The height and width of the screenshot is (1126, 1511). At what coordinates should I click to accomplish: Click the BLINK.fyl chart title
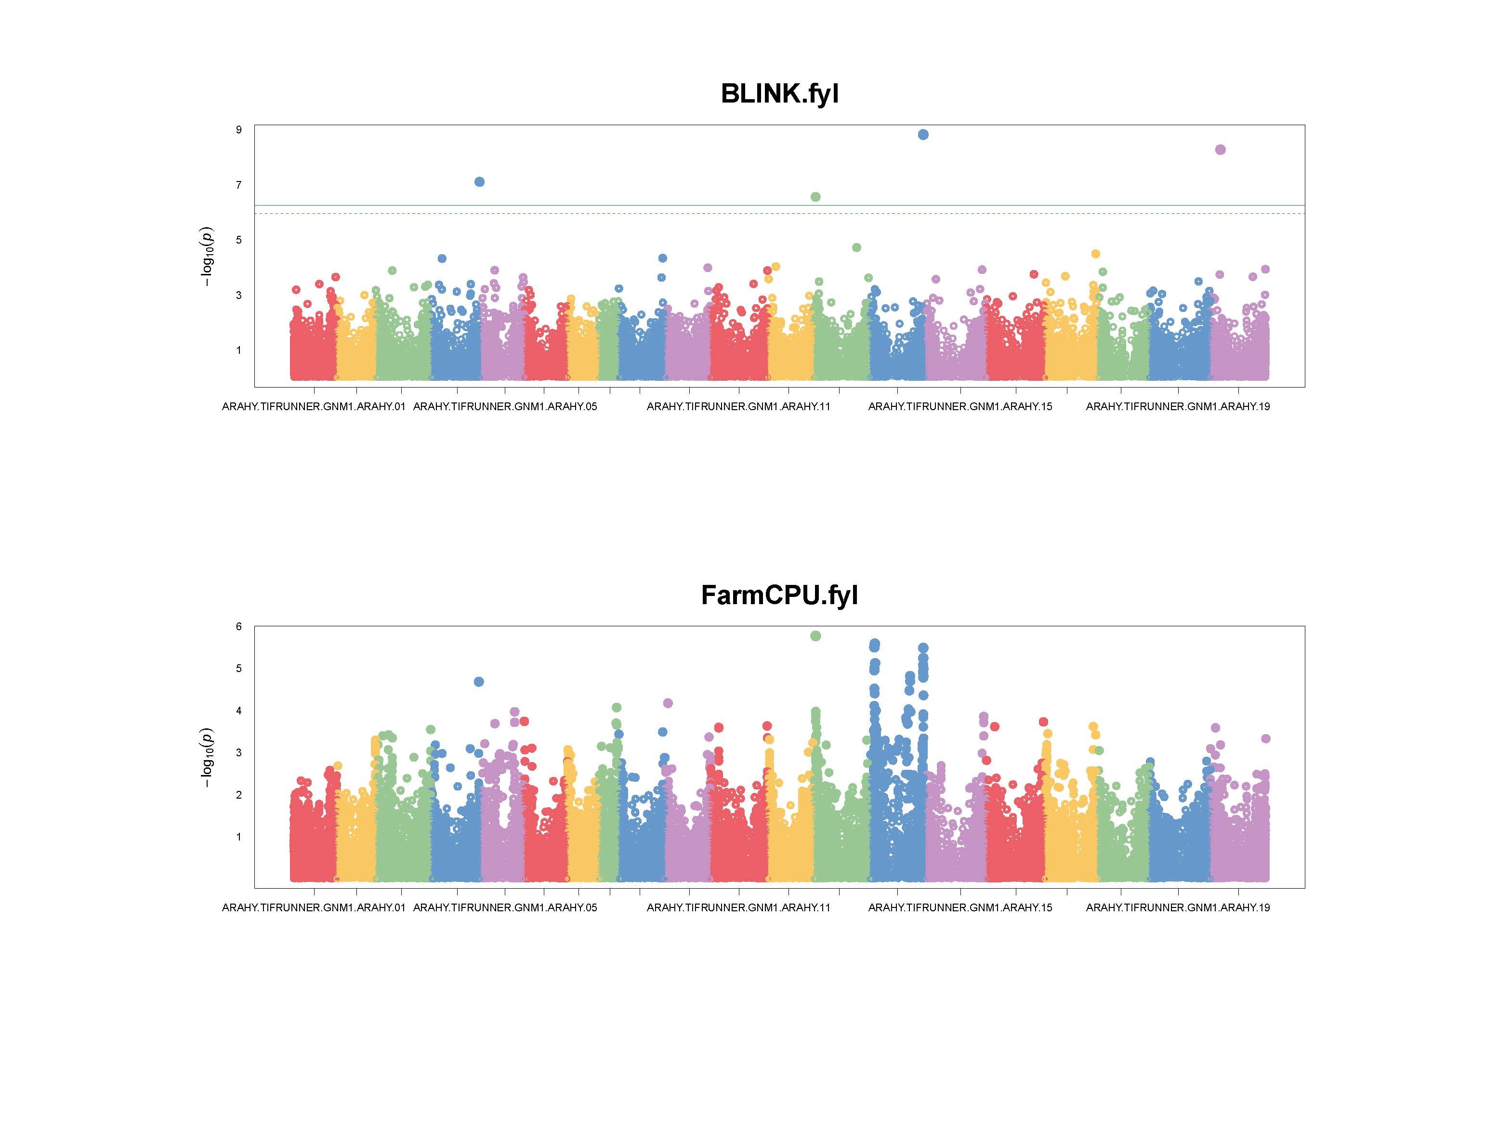pos(779,94)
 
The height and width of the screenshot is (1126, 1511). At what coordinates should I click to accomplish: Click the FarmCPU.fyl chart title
pos(779,595)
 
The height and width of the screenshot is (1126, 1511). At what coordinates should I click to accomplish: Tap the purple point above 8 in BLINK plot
pos(1221,150)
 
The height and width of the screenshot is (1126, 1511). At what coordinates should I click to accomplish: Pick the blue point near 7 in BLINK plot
pos(479,182)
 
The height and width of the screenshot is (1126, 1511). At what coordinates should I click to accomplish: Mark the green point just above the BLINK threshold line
pos(815,197)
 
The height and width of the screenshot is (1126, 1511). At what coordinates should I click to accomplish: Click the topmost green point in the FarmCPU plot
pos(815,636)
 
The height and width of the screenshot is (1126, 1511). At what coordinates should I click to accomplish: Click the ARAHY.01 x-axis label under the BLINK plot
pos(314,407)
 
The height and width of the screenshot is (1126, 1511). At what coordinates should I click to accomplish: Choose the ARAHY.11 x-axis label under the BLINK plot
pos(738,407)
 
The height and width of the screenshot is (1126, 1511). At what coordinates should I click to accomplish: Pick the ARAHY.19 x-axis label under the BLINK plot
pos(1178,407)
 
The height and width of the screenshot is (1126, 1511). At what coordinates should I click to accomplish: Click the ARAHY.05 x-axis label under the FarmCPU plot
pos(505,908)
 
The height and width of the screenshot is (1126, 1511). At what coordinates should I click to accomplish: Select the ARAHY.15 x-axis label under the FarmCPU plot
pos(960,908)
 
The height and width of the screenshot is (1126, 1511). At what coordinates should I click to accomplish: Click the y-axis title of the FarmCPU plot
pos(207,757)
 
